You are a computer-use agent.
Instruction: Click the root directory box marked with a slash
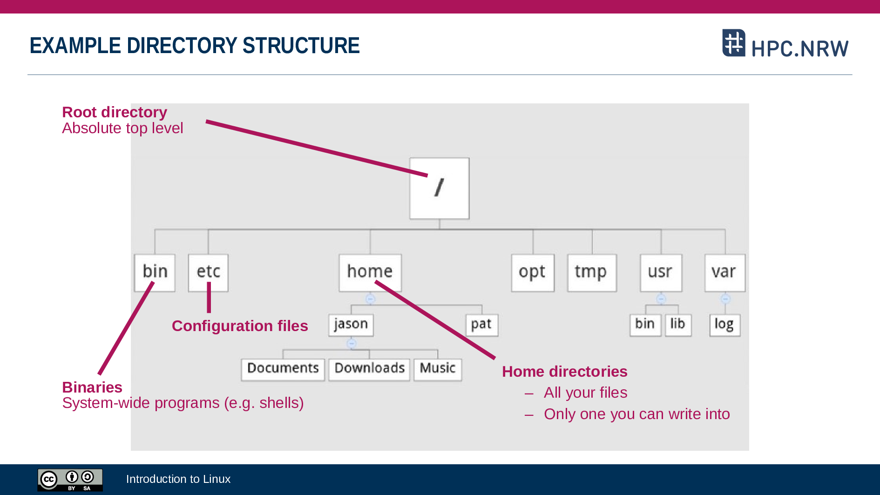(x=440, y=188)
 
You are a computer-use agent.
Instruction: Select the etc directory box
(x=208, y=273)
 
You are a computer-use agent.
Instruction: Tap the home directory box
(x=370, y=273)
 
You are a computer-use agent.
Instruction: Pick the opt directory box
(x=533, y=273)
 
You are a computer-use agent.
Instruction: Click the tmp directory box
(x=592, y=273)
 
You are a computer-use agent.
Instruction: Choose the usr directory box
(x=661, y=273)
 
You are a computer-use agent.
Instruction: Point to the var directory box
(x=725, y=273)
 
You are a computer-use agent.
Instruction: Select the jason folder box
(x=351, y=325)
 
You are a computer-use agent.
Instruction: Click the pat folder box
(x=482, y=325)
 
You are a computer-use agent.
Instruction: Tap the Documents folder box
(x=283, y=370)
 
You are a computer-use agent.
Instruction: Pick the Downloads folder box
(x=369, y=370)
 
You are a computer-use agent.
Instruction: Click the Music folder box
(x=438, y=370)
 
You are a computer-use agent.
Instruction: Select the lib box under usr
(x=678, y=325)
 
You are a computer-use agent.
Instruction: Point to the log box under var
(x=725, y=325)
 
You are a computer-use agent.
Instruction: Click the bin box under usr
(x=645, y=325)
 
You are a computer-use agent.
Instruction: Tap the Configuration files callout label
(x=240, y=326)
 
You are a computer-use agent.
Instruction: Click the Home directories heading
(x=565, y=372)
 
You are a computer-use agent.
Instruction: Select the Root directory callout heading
(x=115, y=112)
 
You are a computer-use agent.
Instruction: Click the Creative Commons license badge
(x=70, y=480)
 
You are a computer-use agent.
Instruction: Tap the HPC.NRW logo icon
(x=734, y=43)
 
